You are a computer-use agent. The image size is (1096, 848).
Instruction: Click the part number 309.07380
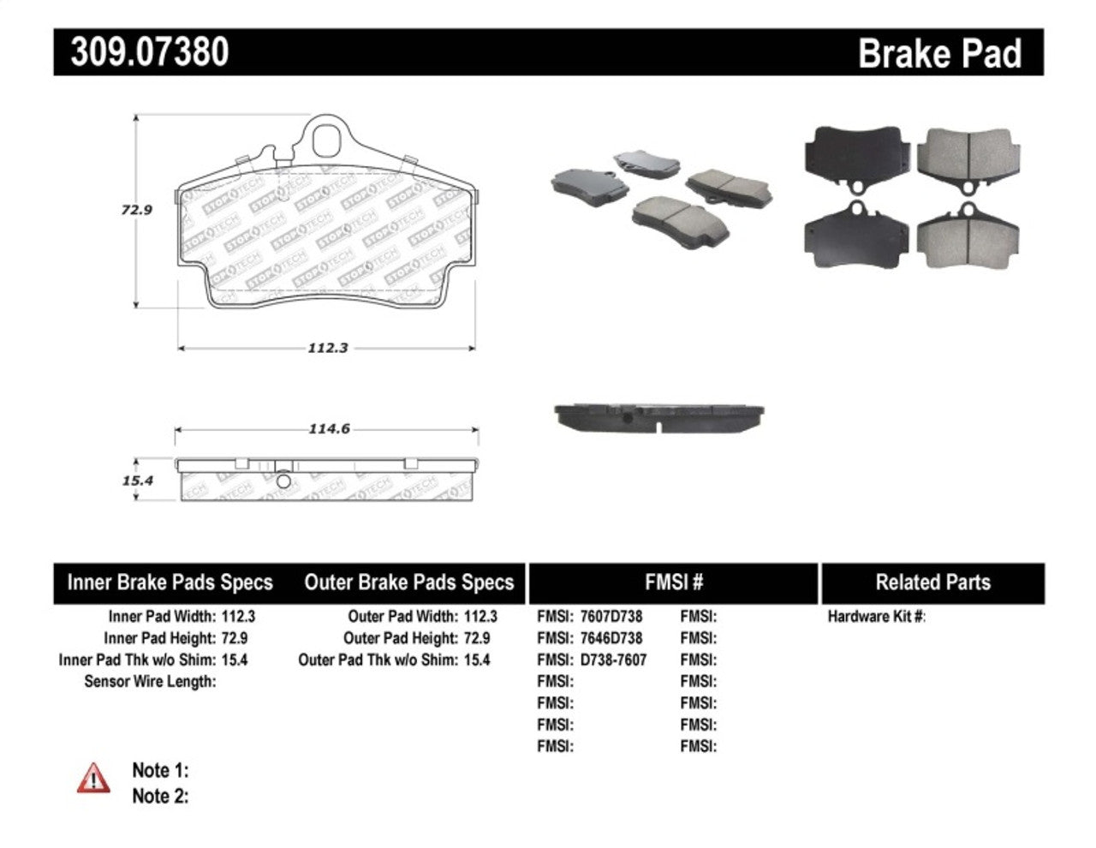click(x=150, y=52)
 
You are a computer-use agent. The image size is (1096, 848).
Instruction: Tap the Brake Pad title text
click(x=939, y=54)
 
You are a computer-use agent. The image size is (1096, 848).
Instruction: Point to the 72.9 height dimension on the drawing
click(x=137, y=209)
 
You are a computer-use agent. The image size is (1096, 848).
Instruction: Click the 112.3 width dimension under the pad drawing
click(x=327, y=348)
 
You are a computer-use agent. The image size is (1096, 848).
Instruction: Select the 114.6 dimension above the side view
click(x=329, y=429)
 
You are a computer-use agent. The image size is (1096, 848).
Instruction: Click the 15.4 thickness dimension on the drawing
click(x=137, y=481)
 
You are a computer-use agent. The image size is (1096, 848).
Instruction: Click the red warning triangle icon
click(x=93, y=778)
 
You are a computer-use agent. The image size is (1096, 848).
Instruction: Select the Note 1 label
click(x=160, y=770)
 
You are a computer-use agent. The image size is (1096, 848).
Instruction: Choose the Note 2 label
click(x=160, y=796)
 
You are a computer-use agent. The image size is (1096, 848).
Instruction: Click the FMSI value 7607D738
click(x=611, y=616)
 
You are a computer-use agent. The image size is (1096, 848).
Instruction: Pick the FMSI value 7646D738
click(x=611, y=638)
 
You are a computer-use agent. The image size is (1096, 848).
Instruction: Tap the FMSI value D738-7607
click(x=613, y=660)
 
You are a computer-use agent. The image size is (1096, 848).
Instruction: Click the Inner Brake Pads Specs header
click(x=170, y=583)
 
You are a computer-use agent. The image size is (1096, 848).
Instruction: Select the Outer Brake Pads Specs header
click(x=408, y=583)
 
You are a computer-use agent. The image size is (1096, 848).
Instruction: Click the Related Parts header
click(x=932, y=583)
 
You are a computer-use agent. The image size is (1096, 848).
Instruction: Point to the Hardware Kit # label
click(x=876, y=616)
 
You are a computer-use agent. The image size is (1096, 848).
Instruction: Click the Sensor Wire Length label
click(x=150, y=682)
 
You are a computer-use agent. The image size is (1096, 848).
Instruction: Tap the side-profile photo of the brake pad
click(x=658, y=417)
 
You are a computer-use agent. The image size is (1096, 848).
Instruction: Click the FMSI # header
click(x=673, y=583)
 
